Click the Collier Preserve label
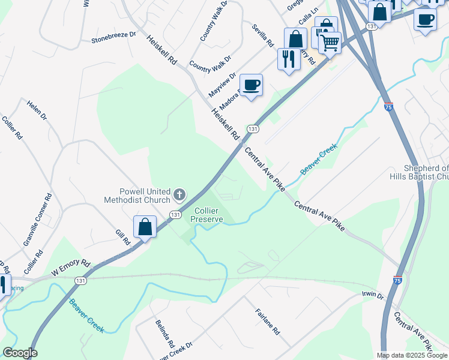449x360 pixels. pyautogui.click(x=207, y=215)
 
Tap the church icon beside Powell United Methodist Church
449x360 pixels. pyautogui.click(x=179, y=194)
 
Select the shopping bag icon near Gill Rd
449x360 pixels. pyautogui.click(x=145, y=227)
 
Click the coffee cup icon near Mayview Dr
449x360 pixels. pyautogui.click(x=251, y=85)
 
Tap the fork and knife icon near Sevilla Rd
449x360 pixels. pyautogui.click(x=289, y=58)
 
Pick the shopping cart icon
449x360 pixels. pyautogui.click(x=330, y=42)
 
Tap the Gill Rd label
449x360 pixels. pyautogui.click(x=123, y=237)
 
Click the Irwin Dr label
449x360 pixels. pyautogui.click(x=372, y=295)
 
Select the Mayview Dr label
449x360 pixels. pyautogui.click(x=220, y=83)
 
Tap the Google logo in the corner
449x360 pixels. pyautogui.click(x=19, y=353)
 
